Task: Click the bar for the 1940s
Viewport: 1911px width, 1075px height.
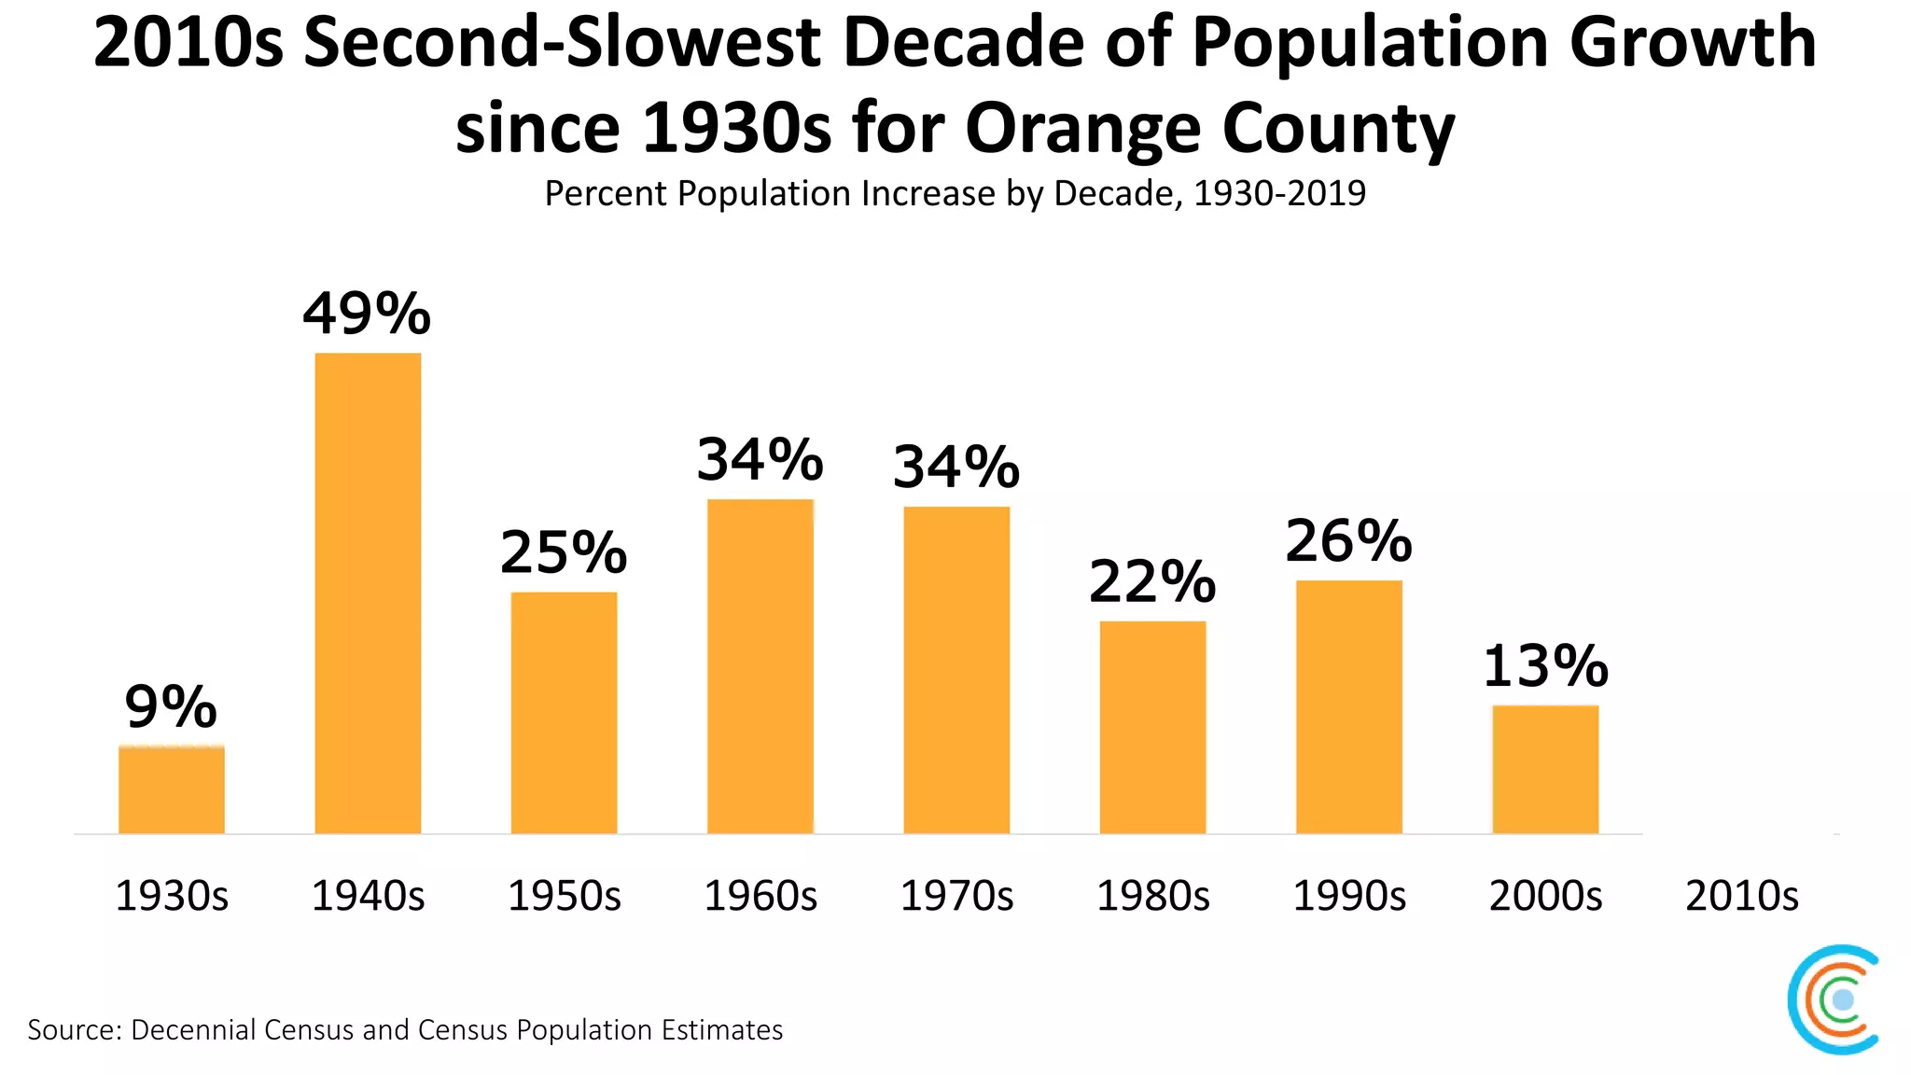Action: (368, 593)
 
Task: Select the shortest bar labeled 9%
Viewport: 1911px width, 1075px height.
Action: (172, 789)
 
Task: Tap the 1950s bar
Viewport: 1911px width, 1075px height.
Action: (564, 712)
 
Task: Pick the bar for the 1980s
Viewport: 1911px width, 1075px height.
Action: (1152, 727)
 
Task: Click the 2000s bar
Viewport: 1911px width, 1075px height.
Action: (1545, 769)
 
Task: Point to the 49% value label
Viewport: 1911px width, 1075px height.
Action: (367, 314)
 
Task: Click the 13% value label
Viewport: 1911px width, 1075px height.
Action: (1545, 666)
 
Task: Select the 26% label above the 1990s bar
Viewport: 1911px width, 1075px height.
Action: (1348, 541)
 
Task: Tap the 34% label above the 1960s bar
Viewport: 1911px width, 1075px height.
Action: (760, 460)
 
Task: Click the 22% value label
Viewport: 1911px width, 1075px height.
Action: (1152, 582)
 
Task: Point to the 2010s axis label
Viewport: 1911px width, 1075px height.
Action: (1741, 896)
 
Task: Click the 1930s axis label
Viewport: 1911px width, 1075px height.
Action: (172, 896)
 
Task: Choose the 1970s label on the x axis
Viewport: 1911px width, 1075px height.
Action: (956, 896)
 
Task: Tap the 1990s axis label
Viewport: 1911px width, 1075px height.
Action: (1348, 896)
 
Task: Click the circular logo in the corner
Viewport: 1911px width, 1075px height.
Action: (1834, 999)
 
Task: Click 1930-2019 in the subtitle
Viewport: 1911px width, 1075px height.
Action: (1279, 194)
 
